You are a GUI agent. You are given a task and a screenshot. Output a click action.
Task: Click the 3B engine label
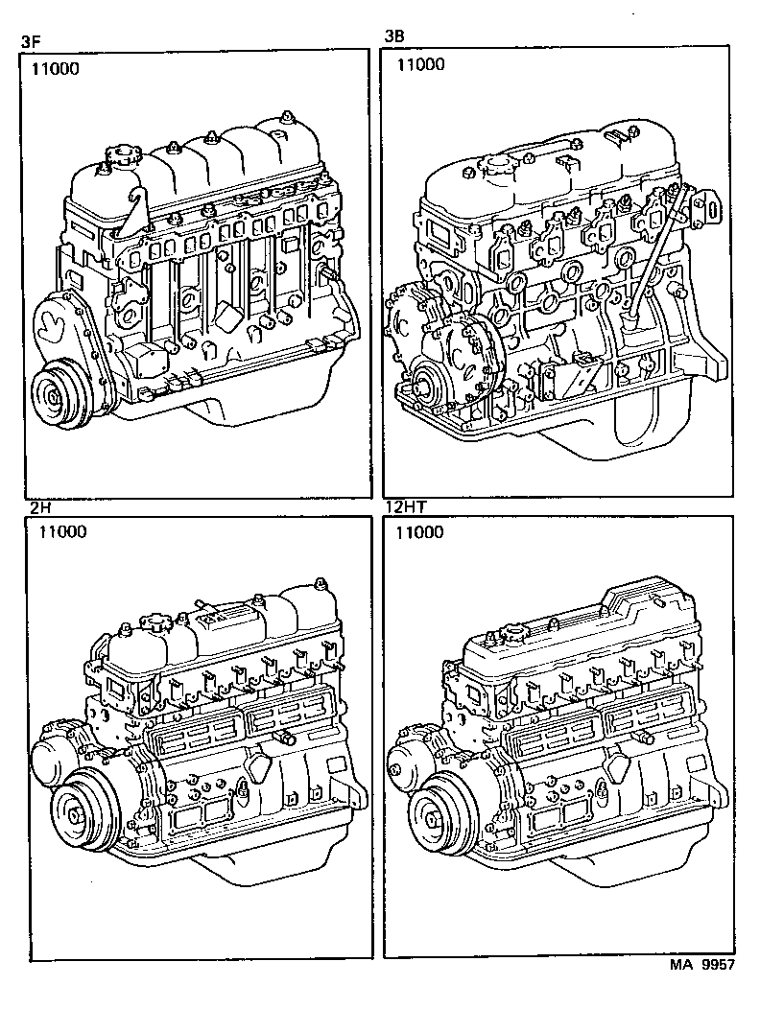tap(393, 36)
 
